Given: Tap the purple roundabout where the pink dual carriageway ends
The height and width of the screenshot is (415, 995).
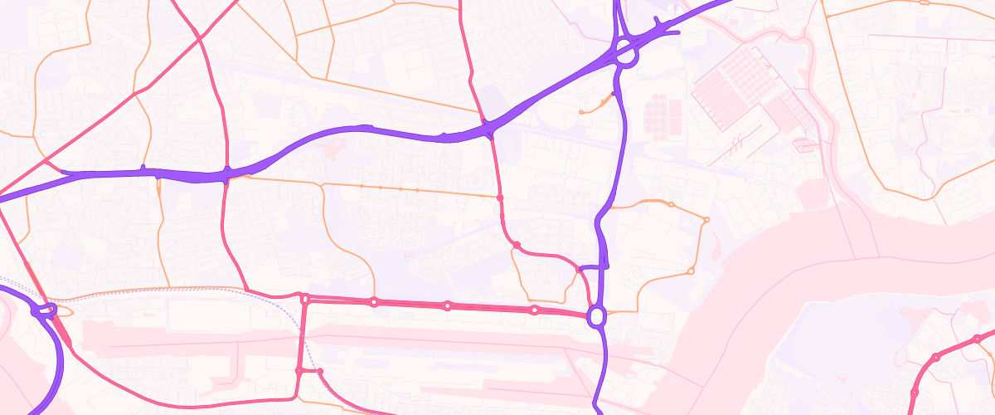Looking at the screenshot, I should tap(595, 316).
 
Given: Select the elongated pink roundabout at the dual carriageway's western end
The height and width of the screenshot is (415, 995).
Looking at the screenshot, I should tap(305, 299).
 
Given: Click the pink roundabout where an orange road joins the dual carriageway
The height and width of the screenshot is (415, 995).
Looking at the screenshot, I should tap(534, 310).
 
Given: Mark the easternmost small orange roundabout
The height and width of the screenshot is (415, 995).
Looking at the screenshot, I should tap(706, 219).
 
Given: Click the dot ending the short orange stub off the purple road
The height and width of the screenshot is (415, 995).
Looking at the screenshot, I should tap(580, 112).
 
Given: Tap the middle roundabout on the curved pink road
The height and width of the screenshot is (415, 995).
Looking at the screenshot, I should tap(936, 358).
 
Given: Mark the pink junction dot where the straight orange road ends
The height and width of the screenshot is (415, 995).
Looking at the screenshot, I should tap(500, 198).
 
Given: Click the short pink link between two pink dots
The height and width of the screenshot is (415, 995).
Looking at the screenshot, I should tap(308, 371).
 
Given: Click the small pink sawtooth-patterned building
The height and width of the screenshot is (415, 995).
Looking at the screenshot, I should tap(803, 146).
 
